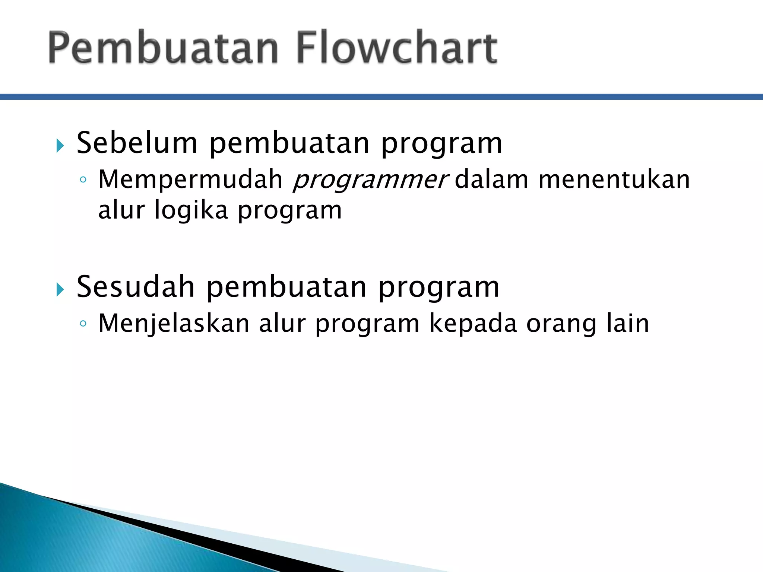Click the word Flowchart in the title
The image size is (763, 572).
(x=397, y=48)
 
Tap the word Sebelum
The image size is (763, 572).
(x=137, y=143)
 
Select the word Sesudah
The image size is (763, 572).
(x=136, y=287)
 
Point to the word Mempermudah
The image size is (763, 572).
(x=190, y=179)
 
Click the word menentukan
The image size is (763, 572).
(x=614, y=179)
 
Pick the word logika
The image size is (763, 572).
(x=191, y=210)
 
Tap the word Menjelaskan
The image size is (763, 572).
(x=174, y=323)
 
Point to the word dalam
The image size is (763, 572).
(x=491, y=179)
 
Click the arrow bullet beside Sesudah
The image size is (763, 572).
(x=60, y=289)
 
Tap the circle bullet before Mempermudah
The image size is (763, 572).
(x=83, y=180)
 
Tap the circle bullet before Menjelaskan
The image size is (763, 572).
(x=83, y=324)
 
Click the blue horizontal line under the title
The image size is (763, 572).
(x=381, y=97)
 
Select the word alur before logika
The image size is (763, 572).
(x=121, y=210)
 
